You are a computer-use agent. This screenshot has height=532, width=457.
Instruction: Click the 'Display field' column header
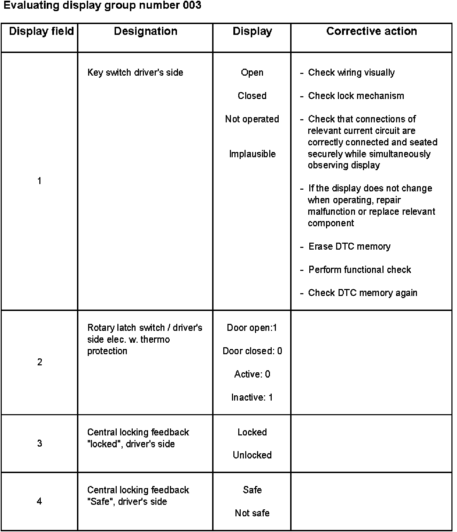point(41,31)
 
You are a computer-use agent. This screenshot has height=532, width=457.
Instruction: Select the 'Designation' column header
point(146,31)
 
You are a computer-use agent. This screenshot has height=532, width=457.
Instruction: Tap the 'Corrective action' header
point(371,31)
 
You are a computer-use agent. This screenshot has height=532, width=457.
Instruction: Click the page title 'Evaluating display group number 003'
point(102,6)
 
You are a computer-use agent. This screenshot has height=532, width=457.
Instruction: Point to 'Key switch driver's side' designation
point(135,73)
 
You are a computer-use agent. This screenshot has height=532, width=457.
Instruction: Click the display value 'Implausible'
point(252,154)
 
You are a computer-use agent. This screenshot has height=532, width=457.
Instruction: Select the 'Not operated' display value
point(252,119)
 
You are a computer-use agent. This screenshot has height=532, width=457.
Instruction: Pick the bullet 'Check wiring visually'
point(351,73)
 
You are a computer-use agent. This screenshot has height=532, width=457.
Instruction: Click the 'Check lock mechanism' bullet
point(356,96)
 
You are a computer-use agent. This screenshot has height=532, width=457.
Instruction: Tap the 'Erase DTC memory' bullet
point(349,246)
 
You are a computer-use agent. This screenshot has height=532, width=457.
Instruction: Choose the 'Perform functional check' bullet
point(359,270)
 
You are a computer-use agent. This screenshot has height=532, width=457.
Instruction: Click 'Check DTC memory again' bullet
point(362,293)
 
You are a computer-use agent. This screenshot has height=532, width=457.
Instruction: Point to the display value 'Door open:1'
point(252,328)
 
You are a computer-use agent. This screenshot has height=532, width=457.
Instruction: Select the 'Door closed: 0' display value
point(252,351)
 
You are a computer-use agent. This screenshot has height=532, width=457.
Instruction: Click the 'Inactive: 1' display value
point(252,397)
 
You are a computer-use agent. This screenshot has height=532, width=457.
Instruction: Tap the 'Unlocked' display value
point(252,455)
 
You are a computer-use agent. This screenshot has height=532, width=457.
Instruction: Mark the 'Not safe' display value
point(252,513)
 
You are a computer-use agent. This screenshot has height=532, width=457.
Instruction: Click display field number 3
point(39,443)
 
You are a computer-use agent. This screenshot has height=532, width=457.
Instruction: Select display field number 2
point(39,362)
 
